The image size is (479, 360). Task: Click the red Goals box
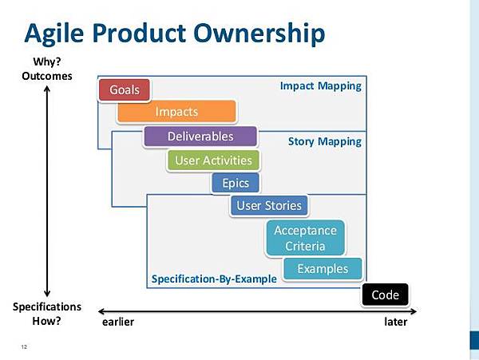[125, 89]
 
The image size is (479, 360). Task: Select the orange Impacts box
[176, 112]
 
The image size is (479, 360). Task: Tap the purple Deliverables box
[200, 136]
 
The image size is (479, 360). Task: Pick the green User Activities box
[213, 160]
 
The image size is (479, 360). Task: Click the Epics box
[236, 183]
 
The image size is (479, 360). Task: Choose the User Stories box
[269, 205]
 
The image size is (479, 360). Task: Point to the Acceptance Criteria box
[305, 238]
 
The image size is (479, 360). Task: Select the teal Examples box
[323, 269]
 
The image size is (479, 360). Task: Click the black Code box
[385, 295]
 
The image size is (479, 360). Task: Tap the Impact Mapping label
[320, 86]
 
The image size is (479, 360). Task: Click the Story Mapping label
[325, 141]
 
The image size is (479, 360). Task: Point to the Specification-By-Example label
[214, 279]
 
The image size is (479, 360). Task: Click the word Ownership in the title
[259, 33]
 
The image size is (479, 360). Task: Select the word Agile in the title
[54, 34]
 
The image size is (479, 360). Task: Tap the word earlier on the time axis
[118, 322]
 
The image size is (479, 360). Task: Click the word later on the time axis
[396, 322]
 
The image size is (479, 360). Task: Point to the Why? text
[47, 61]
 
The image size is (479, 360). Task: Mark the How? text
[47, 321]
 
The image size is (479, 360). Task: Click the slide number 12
[24, 346]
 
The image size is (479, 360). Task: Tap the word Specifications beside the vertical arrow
[47, 307]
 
